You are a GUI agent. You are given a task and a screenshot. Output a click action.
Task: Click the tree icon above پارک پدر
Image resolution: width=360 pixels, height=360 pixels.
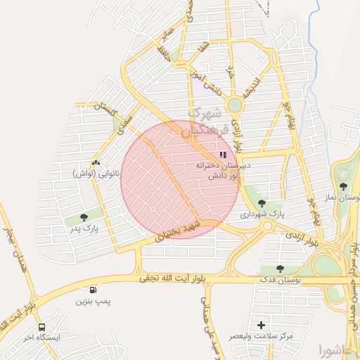click(x=84, y=217)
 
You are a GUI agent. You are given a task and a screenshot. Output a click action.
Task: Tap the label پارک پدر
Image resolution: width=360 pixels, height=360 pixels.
click(x=84, y=229)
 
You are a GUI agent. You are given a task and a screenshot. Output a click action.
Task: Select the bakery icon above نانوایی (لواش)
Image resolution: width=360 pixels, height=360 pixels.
click(x=96, y=162)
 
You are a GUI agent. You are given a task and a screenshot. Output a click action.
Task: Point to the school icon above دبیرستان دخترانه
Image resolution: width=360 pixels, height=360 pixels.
click(x=222, y=155)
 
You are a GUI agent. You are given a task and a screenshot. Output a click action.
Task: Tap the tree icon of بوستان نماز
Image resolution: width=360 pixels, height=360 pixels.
click(x=342, y=187)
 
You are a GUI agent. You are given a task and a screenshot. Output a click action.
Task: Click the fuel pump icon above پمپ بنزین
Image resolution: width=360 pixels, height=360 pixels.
click(x=93, y=290)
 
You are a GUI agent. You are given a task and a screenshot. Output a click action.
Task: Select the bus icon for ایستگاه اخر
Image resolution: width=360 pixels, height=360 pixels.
click(x=42, y=327)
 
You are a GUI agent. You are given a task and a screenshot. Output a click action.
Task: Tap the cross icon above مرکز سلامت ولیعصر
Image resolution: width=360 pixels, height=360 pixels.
click(x=262, y=325)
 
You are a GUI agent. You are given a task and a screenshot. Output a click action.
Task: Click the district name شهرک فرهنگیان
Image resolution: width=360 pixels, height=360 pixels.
click(x=205, y=122)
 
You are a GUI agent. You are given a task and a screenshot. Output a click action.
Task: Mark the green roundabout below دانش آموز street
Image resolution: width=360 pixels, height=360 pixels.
click(x=234, y=105)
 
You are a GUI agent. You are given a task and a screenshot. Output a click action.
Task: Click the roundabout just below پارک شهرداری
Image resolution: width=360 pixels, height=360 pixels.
click(x=267, y=226)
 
